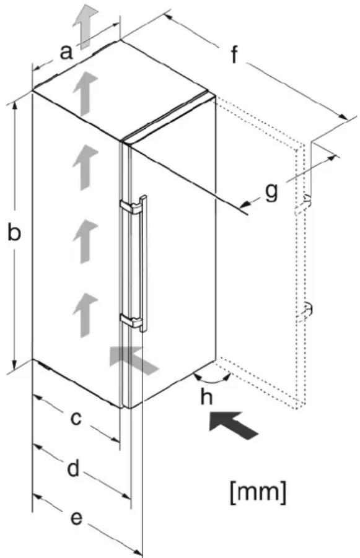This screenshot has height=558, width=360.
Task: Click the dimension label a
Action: click(66, 52)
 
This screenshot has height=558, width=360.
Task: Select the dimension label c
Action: click(76, 418)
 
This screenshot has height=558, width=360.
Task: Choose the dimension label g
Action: click(271, 193)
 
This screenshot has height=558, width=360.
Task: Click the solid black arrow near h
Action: click(233, 425)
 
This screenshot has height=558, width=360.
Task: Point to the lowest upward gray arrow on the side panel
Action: click(85, 315)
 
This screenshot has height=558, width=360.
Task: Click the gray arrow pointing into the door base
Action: click(134, 359)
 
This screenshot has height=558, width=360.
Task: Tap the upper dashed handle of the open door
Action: click(304, 205)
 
